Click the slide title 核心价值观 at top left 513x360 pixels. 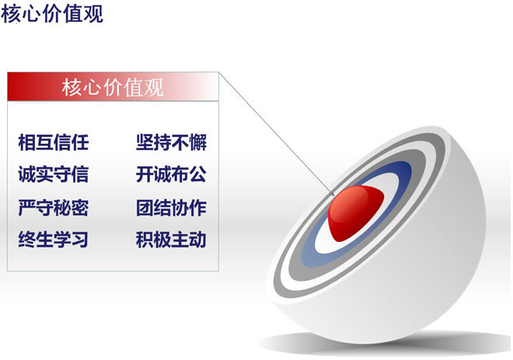click(52, 14)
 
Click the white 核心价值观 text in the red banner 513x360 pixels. click(113, 87)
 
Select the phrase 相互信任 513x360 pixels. click(54, 142)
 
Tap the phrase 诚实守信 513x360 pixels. click(54, 174)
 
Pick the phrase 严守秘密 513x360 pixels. click(54, 208)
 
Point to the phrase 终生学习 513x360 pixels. click(54, 239)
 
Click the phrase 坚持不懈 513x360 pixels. click(172, 142)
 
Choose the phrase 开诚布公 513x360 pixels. click(172, 174)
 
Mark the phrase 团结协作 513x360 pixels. click(172, 208)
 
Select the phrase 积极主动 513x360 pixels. click(172, 239)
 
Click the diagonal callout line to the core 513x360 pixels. click(277, 135)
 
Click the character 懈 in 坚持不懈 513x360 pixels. click(198, 142)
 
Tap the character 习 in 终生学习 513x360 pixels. click(80, 239)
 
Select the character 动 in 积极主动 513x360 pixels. click(198, 239)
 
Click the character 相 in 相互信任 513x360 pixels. click(27, 142)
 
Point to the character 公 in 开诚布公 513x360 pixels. click(198, 174)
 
